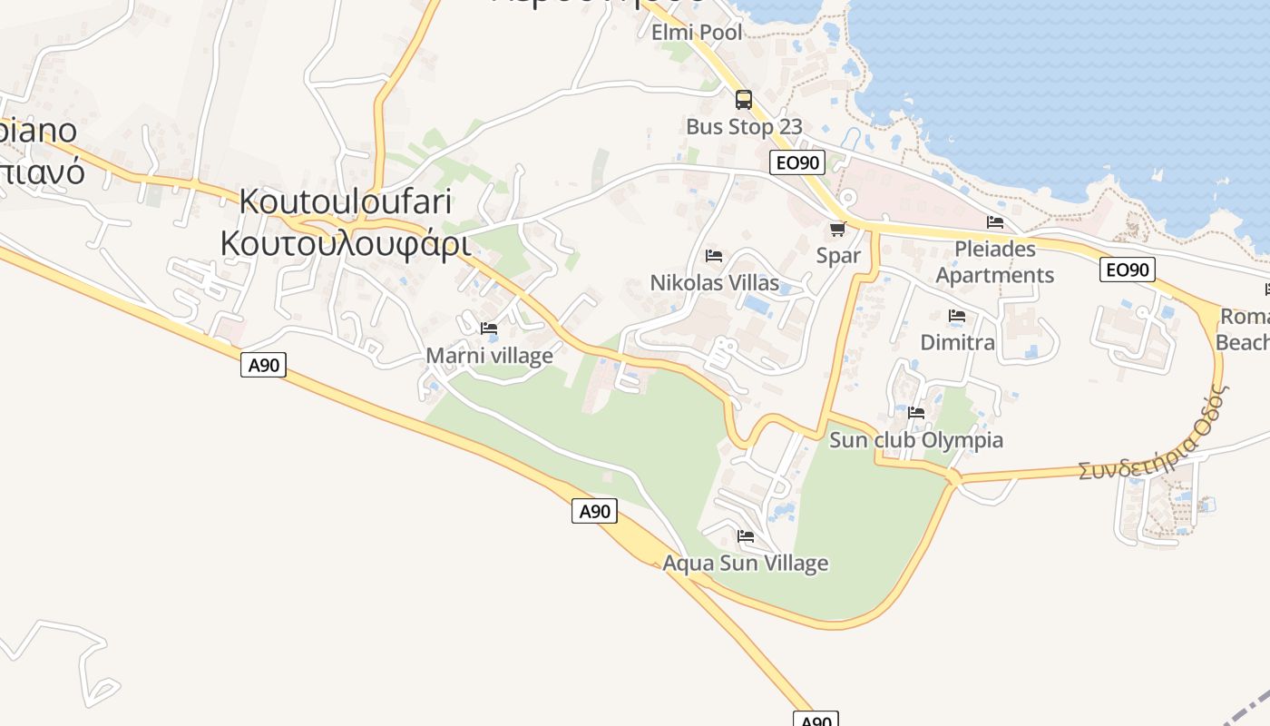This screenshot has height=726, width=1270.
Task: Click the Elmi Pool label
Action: coord(697,33)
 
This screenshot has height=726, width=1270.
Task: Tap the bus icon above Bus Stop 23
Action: coord(744,100)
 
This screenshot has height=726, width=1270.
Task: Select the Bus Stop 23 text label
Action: coord(744,127)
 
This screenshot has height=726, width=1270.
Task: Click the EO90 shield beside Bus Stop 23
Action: coord(797,163)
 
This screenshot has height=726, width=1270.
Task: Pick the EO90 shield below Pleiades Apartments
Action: coord(1127,270)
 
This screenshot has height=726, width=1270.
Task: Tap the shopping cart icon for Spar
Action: coord(837,229)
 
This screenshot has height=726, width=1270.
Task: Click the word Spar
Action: coord(838,256)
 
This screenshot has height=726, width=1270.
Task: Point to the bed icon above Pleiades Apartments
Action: coord(995,222)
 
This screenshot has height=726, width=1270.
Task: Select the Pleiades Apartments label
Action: coord(995,261)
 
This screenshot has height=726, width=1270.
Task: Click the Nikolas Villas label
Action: coord(714,283)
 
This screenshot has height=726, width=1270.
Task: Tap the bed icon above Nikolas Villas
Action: coord(714,256)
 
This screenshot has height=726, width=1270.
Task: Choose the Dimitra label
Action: coord(957,342)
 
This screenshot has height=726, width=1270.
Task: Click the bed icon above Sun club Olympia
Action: coord(916,413)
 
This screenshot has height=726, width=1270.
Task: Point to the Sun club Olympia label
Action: coord(916,440)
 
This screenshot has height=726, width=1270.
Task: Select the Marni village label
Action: coord(489,356)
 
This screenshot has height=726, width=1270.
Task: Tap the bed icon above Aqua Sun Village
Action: coord(746,536)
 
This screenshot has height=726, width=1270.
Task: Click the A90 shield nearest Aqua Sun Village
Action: coord(594,511)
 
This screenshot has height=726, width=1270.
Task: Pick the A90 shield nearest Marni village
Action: coord(263,365)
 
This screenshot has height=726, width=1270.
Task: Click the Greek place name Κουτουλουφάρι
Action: coord(345,243)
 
